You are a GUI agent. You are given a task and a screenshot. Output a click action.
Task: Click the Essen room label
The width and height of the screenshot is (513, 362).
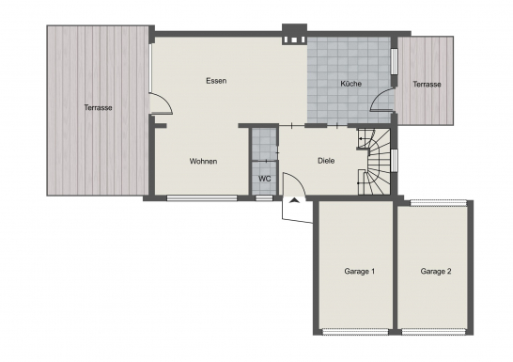click(216, 81)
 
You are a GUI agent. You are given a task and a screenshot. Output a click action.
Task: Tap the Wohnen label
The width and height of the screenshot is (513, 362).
click(203, 162)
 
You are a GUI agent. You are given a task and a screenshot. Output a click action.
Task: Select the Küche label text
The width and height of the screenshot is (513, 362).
click(350, 84)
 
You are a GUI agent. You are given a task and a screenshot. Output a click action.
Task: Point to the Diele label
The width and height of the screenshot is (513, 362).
click(326, 161)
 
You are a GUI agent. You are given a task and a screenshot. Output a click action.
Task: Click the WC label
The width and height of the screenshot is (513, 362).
click(265, 179)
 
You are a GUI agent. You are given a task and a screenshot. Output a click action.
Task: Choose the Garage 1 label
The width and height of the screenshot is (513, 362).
click(360, 272)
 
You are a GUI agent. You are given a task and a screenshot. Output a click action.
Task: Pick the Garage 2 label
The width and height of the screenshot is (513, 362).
click(436, 272)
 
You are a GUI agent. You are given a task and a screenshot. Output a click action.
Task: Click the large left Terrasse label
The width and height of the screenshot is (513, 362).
click(98, 107)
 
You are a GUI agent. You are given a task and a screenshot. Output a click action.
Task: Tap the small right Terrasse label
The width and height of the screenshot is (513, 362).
click(427, 84)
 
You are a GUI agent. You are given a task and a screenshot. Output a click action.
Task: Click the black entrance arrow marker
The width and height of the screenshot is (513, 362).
click(294, 200)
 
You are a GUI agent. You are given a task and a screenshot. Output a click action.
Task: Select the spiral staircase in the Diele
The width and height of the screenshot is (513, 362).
click(375, 162)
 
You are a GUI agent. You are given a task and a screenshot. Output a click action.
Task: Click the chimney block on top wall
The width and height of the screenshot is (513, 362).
click(294, 34)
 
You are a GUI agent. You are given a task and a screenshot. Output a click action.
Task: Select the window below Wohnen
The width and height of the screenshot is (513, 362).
click(202, 198)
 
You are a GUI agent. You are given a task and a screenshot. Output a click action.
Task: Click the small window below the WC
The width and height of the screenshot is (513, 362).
click(264, 198)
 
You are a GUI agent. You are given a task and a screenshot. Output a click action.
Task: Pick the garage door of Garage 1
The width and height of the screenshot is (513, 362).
click(355, 332)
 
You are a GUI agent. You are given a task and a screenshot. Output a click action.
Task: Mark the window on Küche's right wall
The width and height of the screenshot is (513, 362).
click(394, 61)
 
